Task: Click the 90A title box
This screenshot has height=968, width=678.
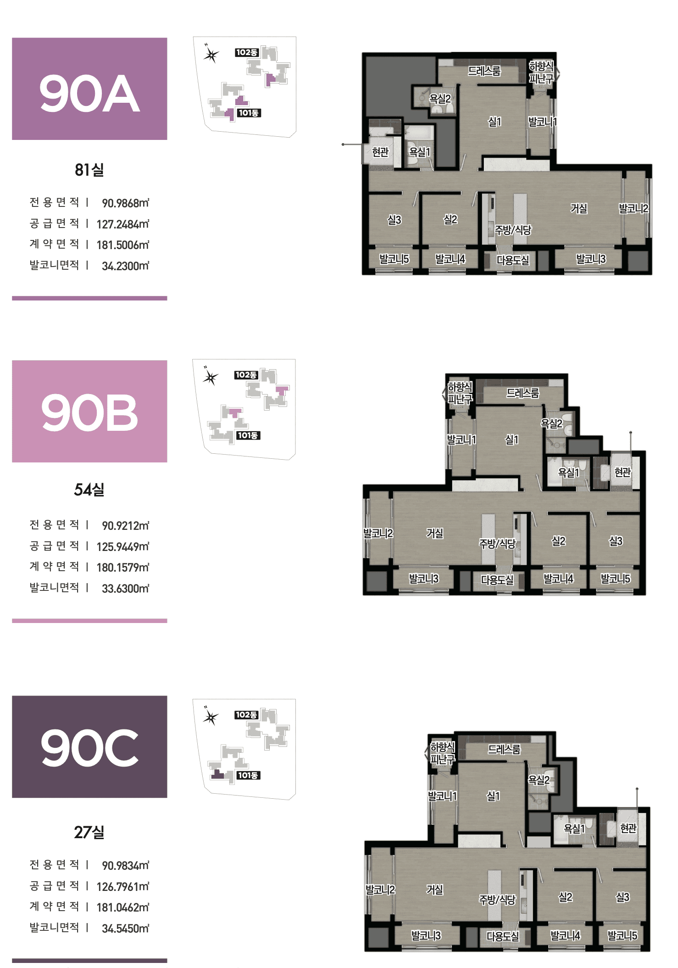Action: [89, 89]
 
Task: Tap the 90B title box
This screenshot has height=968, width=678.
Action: [89, 411]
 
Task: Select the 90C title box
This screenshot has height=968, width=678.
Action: [89, 746]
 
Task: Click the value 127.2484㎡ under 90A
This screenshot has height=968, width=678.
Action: [123, 224]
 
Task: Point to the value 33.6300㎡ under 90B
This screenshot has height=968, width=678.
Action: [125, 588]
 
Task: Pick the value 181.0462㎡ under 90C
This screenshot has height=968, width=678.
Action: [123, 907]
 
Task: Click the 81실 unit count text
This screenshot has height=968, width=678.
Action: [89, 170]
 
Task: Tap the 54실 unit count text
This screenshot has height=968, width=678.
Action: [89, 490]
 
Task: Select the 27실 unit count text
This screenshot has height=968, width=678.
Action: [89, 832]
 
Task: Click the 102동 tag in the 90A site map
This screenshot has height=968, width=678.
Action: [247, 52]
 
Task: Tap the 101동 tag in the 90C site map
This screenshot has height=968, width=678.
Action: [248, 775]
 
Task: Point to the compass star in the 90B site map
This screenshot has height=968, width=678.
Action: [211, 378]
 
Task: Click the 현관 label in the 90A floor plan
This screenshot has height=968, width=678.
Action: [380, 151]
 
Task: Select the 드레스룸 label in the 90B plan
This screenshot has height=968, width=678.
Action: [523, 393]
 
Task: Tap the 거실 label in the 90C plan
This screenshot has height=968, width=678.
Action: [435, 890]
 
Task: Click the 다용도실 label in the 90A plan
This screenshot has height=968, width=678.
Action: [513, 260]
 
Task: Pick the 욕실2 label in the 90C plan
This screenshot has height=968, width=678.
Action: [539, 780]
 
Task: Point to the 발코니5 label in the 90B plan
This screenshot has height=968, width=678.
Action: [616, 579]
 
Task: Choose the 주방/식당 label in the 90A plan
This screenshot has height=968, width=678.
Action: [513, 230]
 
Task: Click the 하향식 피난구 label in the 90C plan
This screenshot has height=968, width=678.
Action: [443, 753]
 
